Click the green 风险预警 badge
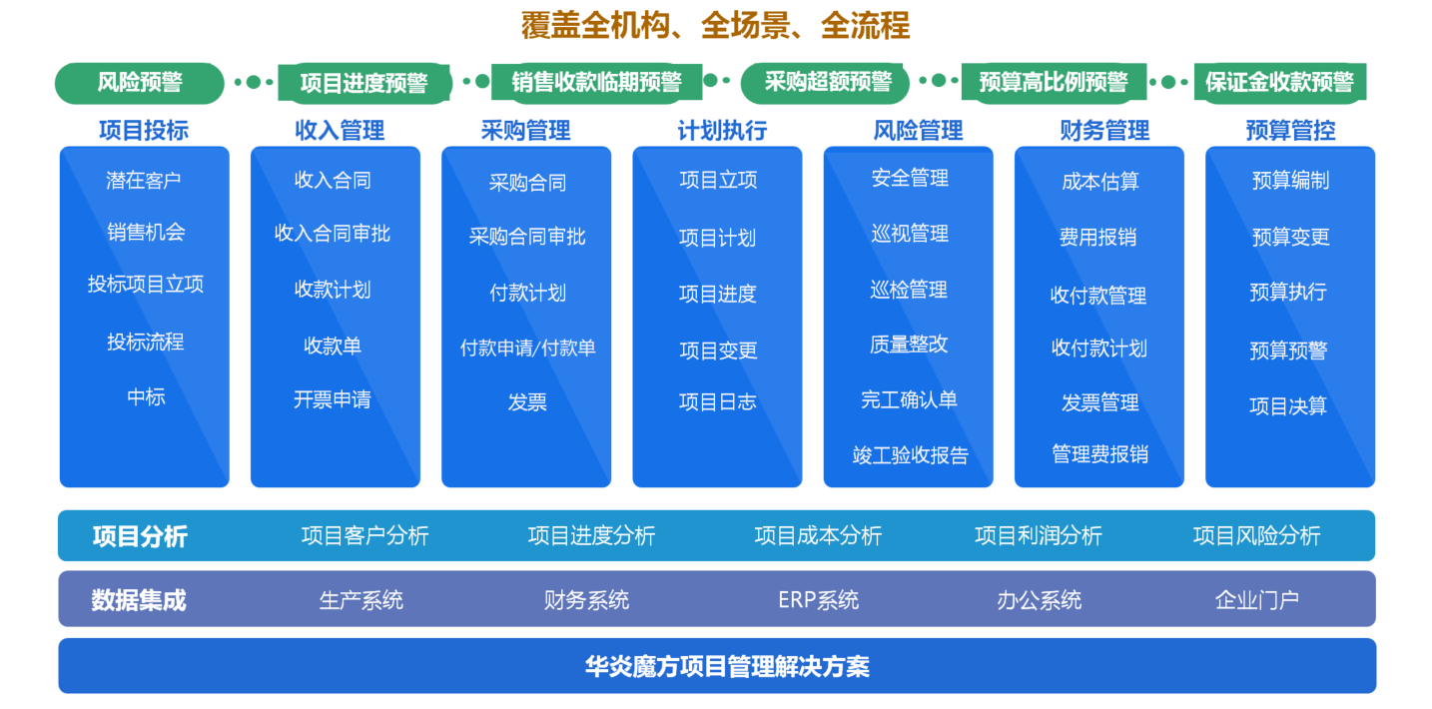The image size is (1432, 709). [x=140, y=83]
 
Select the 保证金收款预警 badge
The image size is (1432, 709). [x=1280, y=83]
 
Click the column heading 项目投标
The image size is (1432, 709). [x=144, y=131]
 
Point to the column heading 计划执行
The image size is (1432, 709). [x=722, y=131]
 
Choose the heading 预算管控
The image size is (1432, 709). [x=1291, y=131]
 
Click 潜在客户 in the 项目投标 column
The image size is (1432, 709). [x=144, y=181]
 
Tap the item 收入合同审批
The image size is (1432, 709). [x=333, y=234]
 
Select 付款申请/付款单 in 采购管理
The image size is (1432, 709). [x=528, y=348]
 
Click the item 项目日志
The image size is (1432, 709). [x=718, y=401]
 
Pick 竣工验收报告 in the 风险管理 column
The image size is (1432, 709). [x=911, y=455]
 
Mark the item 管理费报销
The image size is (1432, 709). [x=1100, y=454]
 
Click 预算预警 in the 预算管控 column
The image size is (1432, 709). [x=1289, y=351]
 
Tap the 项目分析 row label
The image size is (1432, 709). [x=140, y=536]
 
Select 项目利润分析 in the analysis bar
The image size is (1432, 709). [x=1039, y=536]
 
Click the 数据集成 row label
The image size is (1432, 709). [x=139, y=600]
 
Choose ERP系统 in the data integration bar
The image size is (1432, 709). [x=818, y=600]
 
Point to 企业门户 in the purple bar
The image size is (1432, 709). [x=1257, y=600]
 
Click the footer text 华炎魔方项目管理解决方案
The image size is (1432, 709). [x=728, y=667]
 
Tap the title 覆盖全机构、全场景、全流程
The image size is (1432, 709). [x=715, y=26]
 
